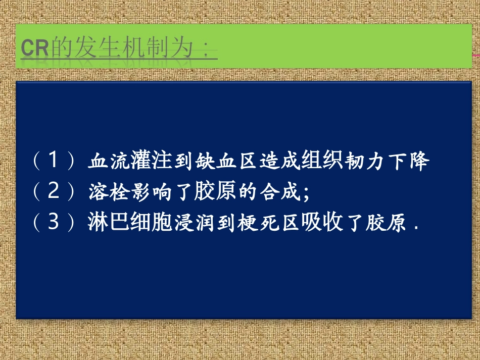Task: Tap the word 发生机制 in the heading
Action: coord(115,49)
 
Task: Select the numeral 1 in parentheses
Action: coord(55,162)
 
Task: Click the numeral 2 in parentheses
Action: coord(55,192)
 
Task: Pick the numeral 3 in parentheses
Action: coord(55,222)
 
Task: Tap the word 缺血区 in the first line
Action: coord(224,162)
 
